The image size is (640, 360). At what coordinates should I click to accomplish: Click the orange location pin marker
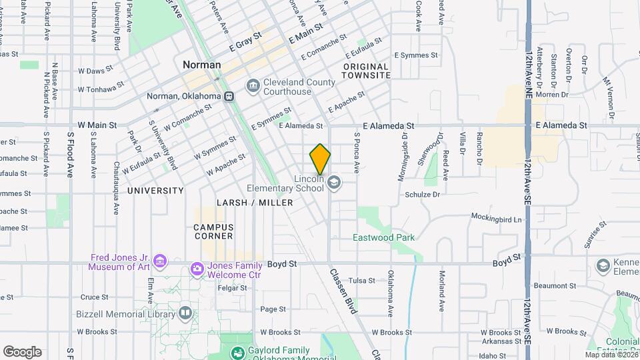tap(320, 159)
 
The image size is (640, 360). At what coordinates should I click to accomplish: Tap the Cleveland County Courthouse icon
tap(253, 85)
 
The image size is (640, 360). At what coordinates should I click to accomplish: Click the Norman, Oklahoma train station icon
tap(229, 96)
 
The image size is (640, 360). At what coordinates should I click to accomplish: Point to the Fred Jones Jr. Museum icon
tap(159, 260)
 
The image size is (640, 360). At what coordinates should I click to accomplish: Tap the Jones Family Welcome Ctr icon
tap(197, 269)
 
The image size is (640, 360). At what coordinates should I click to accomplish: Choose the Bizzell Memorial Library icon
tap(185, 313)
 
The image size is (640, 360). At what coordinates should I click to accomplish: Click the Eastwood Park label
tap(383, 237)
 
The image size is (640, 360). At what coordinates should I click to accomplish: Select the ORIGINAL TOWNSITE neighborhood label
tap(366, 71)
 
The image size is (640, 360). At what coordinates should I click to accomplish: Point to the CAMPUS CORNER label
tap(213, 231)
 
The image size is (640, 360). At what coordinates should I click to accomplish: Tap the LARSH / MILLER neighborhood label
tap(255, 202)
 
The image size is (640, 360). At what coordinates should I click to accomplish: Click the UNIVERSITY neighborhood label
tap(155, 191)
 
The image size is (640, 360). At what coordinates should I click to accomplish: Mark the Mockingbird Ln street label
tap(496, 218)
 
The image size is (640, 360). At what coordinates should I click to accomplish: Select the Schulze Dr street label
tap(422, 195)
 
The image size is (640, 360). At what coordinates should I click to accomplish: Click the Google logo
tap(22, 351)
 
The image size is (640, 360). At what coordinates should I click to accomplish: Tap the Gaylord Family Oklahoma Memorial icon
tap(237, 353)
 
